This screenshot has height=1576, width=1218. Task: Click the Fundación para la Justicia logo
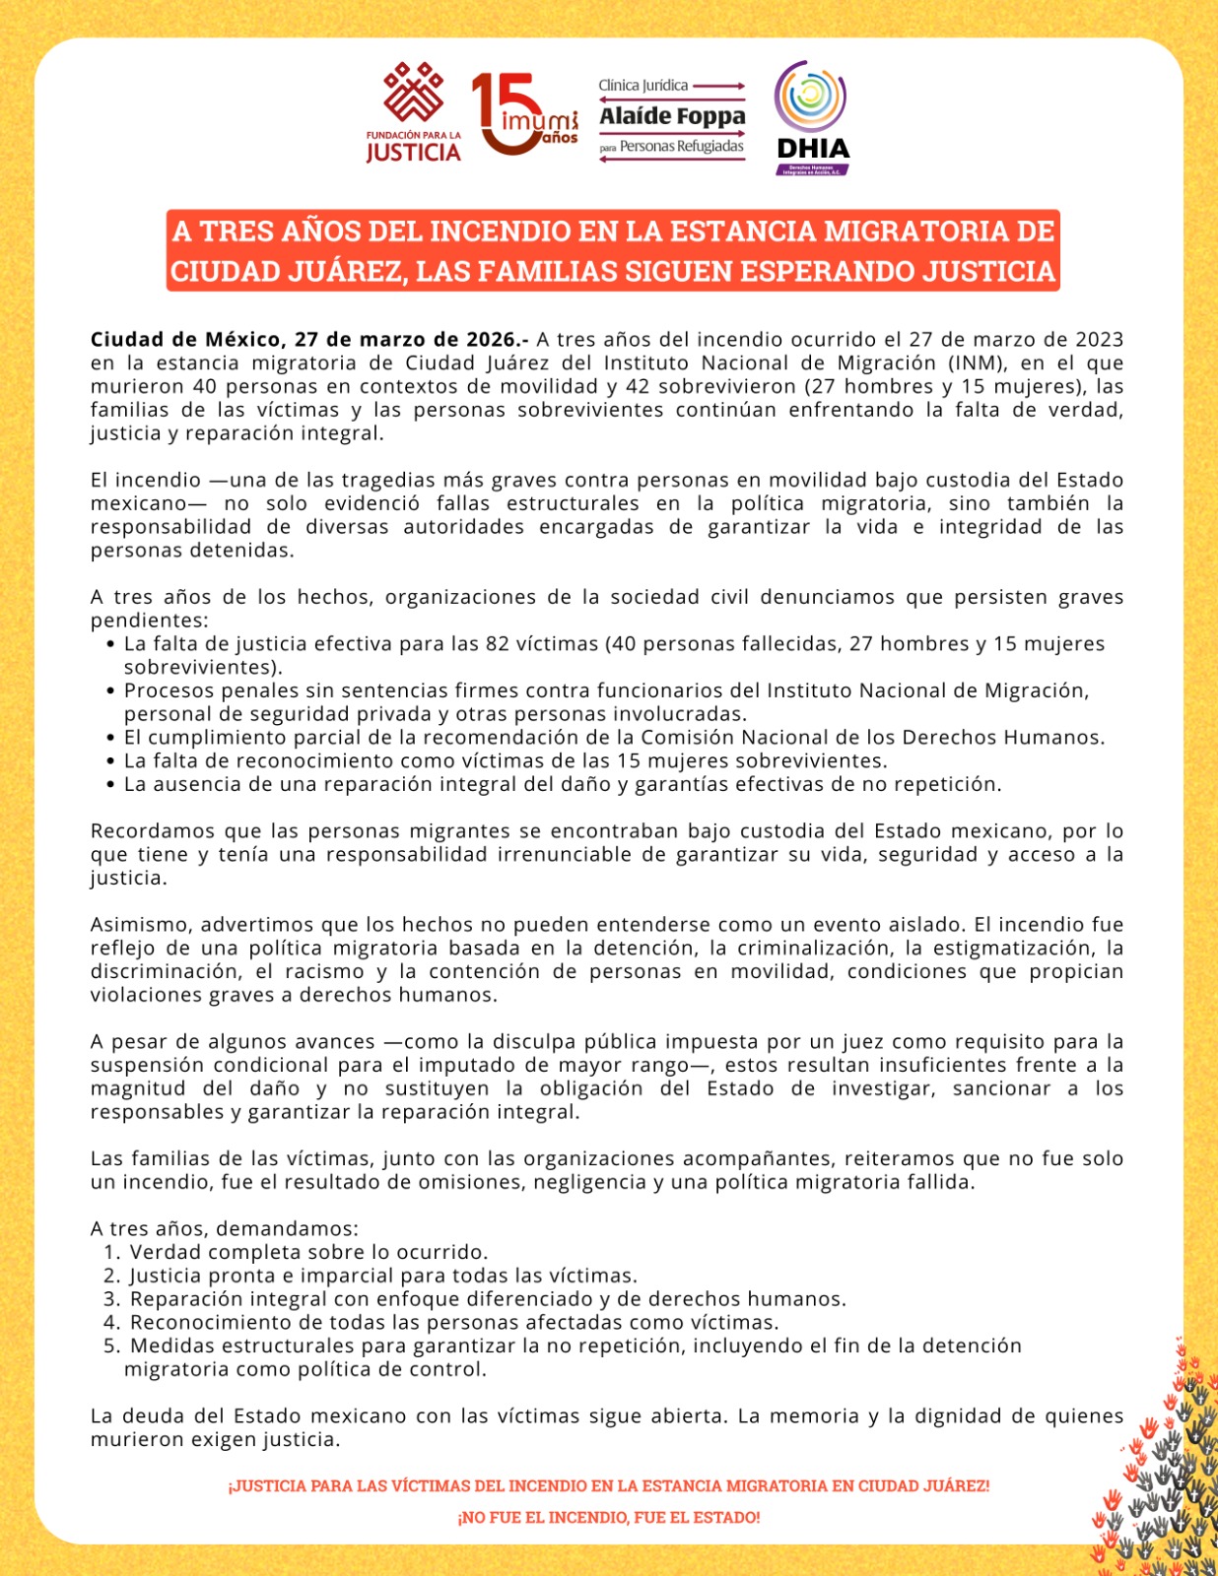click(414, 112)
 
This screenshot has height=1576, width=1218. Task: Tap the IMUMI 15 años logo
click(523, 114)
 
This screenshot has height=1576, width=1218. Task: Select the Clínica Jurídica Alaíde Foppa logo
click(672, 117)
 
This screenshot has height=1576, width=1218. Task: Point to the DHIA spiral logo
click(812, 116)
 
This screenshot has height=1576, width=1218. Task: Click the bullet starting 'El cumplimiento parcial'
click(613, 738)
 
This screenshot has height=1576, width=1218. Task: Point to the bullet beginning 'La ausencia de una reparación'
click(562, 784)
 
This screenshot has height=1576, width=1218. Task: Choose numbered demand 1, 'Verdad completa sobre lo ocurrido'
click(308, 1252)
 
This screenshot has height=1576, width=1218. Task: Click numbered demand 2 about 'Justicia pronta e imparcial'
click(382, 1276)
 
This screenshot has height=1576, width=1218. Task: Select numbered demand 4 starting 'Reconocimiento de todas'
click(453, 1322)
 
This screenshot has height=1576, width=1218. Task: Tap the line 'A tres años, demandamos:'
click(225, 1228)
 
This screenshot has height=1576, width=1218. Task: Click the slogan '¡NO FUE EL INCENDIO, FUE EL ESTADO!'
click(609, 1517)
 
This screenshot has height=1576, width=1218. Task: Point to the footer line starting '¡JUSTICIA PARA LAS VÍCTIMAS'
click(609, 1485)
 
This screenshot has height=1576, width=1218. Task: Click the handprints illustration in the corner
click(1163, 1468)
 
